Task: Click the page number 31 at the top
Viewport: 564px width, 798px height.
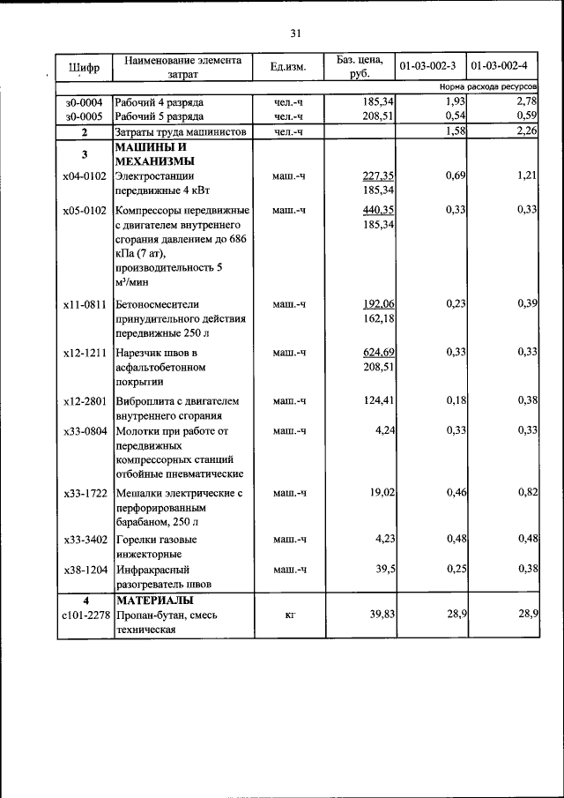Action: pyautogui.click(x=295, y=34)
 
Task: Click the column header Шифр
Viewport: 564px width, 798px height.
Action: pyautogui.click(x=84, y=67)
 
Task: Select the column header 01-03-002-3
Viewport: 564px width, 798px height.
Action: pyautogui.click(x=429, y=67)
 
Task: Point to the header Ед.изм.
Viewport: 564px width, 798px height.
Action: pyautogui.click(x=287, y=67)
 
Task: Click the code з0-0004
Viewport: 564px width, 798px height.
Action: pyautogui.click(x=84, y=103)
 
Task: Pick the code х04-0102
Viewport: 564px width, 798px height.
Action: pyautogui.click(x=85, y=176)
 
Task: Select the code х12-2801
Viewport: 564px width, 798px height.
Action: pyautogui.click(x=85, y=402)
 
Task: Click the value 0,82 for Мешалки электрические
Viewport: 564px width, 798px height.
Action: pyautogui.click(x=527, y=492)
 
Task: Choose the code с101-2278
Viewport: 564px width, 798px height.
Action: pyautogui.click(x=85, y=615)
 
